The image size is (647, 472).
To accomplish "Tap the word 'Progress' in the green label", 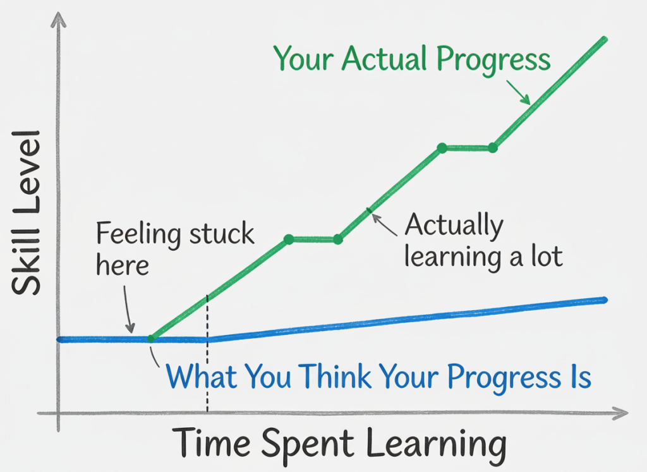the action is pos(493,61).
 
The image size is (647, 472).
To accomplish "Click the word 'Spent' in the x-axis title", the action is pos(308,444).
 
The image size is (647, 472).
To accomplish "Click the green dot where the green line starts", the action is pos(151,339).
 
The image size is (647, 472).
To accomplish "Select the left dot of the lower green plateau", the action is pos(289,239).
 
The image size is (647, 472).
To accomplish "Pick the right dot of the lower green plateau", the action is pos(338,239).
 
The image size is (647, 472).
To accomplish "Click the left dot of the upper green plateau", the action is pos(442,148).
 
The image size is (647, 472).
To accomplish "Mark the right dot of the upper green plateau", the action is pos(493,148).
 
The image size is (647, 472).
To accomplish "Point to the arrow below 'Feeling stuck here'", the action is pos(128,309).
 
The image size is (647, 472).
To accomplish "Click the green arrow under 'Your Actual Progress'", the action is pos(518,92).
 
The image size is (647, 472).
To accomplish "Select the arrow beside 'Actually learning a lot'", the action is pos(385,224).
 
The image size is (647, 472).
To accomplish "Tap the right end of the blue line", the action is pos(605,300).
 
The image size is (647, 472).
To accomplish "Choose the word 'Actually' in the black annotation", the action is pos(454,226).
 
